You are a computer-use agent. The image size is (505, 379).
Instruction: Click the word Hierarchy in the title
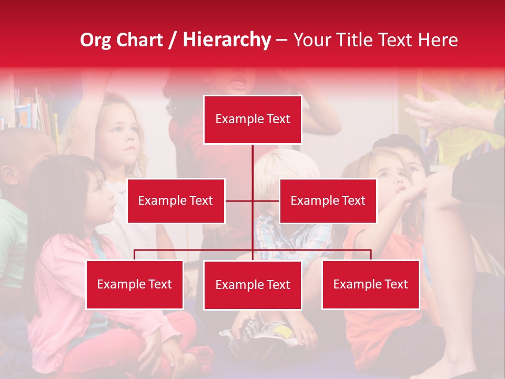click(227, 40)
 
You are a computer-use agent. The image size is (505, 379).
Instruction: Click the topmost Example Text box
click(252, 119)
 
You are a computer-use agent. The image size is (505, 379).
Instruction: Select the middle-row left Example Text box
click(176, 201)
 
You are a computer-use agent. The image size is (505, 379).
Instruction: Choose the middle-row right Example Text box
click(328, 201)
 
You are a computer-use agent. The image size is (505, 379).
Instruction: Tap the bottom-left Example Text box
click(135, 284)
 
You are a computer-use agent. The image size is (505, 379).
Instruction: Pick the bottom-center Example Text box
click(252, 285)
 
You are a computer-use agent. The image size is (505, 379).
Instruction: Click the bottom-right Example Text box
click(370, 284)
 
